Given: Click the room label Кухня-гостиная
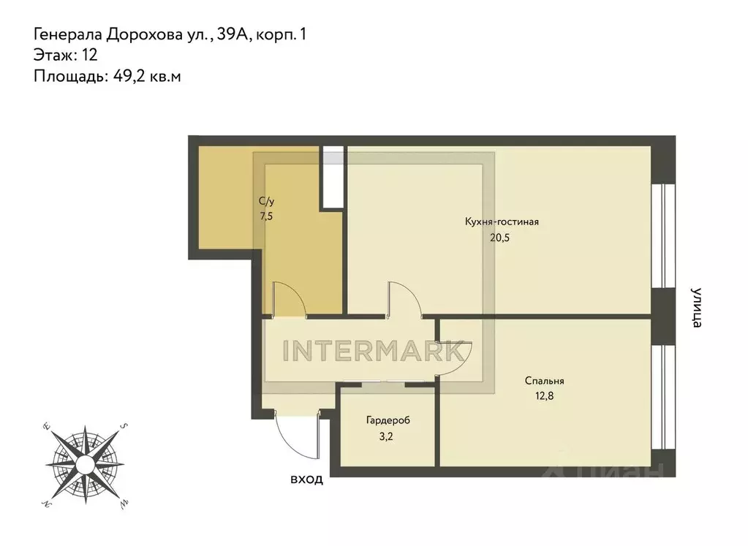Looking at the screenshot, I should click(x=502, y=222).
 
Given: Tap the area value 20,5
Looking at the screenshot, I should click(x=501, y=237).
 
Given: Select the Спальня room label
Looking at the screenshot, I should click(x=544, y=381).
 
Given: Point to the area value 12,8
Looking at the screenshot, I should click(x=544, y=395).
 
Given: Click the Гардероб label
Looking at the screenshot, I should click(x=388, y=421).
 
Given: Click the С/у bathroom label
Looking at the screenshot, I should click(x=266, y=201).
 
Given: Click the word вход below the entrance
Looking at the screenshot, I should click(x=306, y=480).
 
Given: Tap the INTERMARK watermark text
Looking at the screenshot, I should click(x=374, y=351).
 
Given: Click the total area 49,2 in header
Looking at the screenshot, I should click(x=129, y=75).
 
